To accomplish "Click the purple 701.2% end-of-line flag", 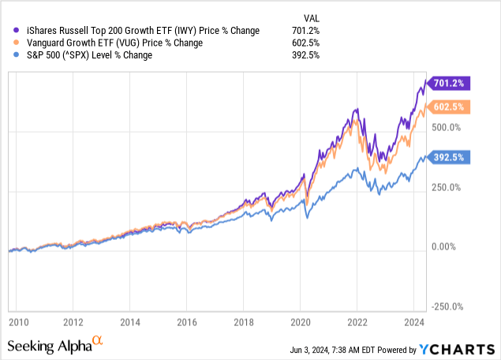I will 448,83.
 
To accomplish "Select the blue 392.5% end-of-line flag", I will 448,157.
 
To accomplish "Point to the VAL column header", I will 313,17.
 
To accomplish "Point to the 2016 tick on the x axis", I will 186,322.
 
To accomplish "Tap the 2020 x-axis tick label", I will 300,322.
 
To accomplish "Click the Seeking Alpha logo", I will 55,345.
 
